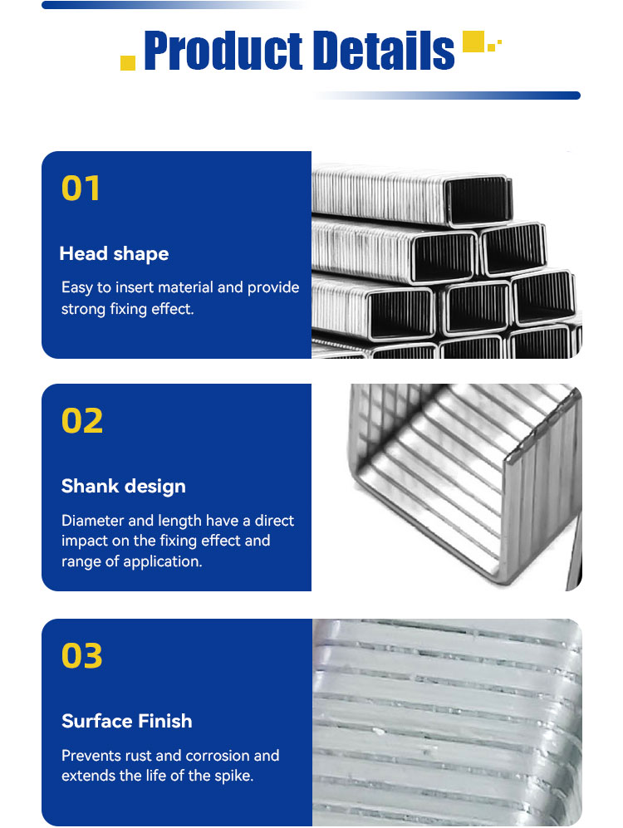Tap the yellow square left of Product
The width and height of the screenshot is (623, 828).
point(128,63)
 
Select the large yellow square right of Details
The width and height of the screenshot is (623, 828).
point(473,42)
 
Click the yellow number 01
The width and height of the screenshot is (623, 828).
point(81,189)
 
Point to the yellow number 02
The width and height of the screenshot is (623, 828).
point(82,421)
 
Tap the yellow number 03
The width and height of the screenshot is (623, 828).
point(82,656)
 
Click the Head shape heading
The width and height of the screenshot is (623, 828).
point(114,254)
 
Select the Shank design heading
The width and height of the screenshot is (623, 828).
point(124,487)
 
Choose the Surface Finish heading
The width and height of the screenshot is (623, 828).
point(127,721)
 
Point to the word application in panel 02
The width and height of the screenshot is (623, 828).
point(162,561)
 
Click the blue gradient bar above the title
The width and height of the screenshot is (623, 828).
point(175,5)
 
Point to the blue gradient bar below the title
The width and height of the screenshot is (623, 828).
point(447,96)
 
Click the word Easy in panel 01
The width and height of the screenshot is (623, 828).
point(77,288)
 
